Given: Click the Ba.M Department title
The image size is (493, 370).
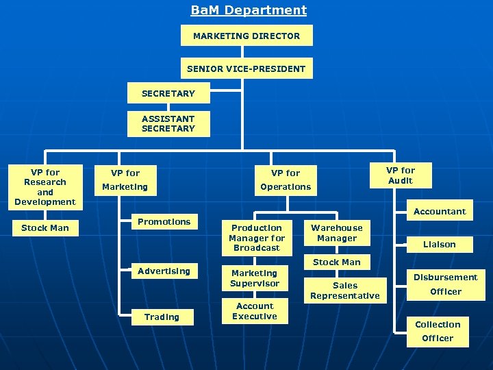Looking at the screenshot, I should click(x=249, y=10).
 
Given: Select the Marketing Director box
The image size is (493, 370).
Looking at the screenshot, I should click(x=246, y=36).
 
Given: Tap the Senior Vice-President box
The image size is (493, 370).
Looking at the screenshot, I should click(x=246, y=69).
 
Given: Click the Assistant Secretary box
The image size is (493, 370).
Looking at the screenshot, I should click(x=168, y=123).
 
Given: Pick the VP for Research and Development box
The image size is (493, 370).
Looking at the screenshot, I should click(x=45, y=187).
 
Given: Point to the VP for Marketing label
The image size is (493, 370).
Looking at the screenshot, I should click(x=125, y=180).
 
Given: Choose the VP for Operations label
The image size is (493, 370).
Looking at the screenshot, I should click(x=286, y=180).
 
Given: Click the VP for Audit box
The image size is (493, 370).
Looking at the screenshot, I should click(x=401, y=175).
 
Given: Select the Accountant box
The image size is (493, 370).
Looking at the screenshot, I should click(x=440, y=212).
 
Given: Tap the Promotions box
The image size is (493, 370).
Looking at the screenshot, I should click(x=164, y=222).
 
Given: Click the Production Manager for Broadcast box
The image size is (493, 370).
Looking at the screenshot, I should click(x=256, y=238).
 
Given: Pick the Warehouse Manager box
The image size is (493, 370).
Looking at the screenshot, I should click(x=337, y=233).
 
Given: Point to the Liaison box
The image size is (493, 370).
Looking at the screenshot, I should click(x=440, y=244).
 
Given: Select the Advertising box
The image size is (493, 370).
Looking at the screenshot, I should click(x=164, y=271).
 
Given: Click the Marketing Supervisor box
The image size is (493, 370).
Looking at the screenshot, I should click(x=255, y=278).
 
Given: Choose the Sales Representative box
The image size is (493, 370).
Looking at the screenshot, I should click(x=344, y=291).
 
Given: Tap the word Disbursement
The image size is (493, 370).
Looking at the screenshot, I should click(x=446, y=277).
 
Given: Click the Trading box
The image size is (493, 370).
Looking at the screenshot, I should click(x=162, y=317).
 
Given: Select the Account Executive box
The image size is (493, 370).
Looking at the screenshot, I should click(x=255, y=311).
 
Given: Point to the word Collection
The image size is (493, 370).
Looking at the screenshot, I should click(x=438, y=324).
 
